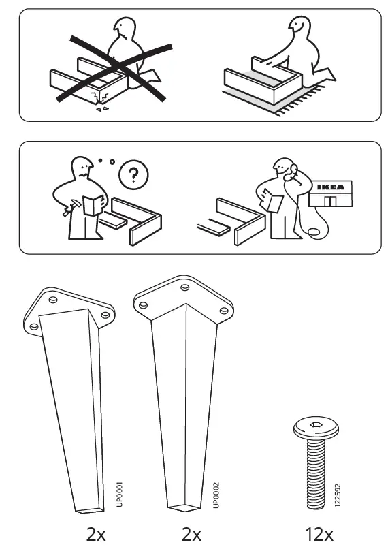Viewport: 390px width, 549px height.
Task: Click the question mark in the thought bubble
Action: click(x=133, y=176)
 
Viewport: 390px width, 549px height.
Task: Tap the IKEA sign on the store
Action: click(x=331, y=187)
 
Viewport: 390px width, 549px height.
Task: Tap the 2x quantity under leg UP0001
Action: click(x=96, y=534)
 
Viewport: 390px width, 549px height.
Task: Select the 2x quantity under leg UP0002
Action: click(x=191, y=534)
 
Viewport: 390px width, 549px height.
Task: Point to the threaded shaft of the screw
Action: click(x=314, y=473)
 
